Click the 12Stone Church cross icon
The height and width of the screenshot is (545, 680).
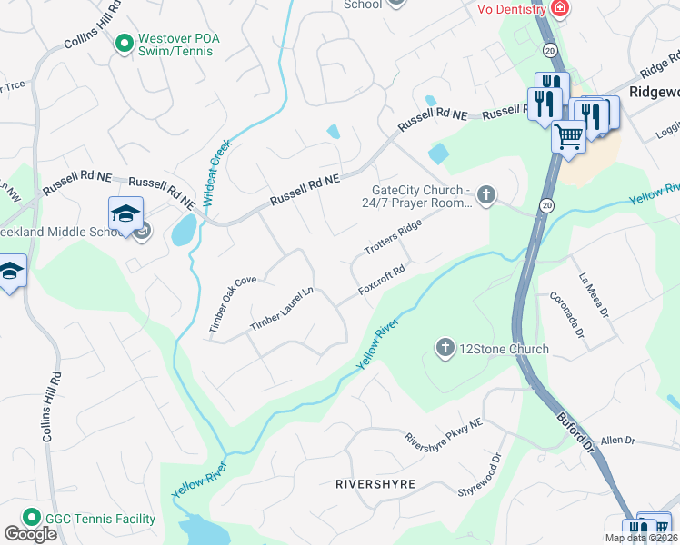[445, 348]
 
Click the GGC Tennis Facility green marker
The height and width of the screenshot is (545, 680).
[30, 518]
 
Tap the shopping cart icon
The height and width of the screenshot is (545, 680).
[569, 138]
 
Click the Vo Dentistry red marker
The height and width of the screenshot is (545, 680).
[559, 9]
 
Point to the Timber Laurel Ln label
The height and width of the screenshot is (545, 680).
[282, 308]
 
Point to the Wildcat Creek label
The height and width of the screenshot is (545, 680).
[218, 171]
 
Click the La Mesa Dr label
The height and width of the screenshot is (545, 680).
[594, 285]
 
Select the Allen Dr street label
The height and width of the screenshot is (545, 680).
[617, 441]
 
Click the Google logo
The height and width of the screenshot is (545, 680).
[30, 534]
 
